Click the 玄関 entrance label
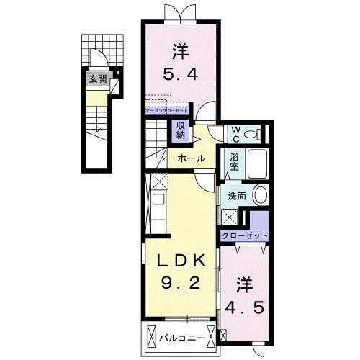coord(95,79)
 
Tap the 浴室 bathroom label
coord(235,164)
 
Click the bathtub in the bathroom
coord(257,165)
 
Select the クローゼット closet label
coord(245,235)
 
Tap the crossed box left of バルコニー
coord(151,336)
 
